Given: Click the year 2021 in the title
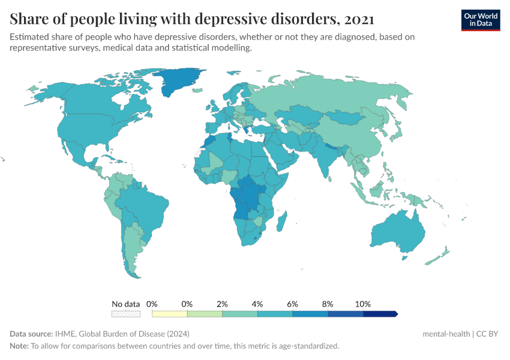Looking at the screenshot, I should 359,19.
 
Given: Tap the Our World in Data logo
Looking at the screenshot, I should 481,20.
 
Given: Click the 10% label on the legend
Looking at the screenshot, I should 363,304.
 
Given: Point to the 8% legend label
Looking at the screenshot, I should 328,304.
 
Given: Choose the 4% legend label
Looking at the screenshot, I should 257,304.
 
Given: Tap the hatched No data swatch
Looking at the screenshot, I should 125,313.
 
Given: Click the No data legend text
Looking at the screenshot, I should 125,304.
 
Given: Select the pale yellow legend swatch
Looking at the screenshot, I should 170,313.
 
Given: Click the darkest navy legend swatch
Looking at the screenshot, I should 379,313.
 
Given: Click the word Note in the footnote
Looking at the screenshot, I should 19,346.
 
